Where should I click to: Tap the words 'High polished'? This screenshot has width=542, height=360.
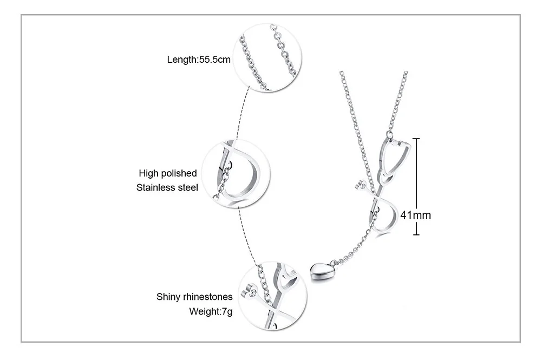pyautogui.click(x=167, y=173)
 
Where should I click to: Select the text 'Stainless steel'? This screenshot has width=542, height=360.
pyautogui.click(x=167, y=188)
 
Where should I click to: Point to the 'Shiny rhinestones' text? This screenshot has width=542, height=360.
pyautogui.click(x=194, y=297)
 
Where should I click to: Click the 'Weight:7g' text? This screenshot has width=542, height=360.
pyautogui.click(x=211, y=312)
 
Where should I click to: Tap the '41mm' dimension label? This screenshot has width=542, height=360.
pyautogui.click(x=416, y=215)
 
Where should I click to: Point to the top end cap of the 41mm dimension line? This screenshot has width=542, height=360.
pyautogui.click(x=416, y=139)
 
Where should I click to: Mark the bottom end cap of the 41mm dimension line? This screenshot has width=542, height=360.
pyautogui.click(x=416, y=234)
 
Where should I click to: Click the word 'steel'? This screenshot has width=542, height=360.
pyautogui.click(x=187, y=188)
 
